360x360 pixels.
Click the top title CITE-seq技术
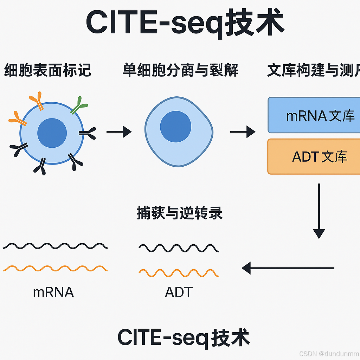pos(185,23)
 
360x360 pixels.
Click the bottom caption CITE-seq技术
pos(184,337)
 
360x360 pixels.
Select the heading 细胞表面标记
pos(47,70)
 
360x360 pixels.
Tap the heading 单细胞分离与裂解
pos(180,70)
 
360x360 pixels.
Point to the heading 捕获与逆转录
pos(179,213)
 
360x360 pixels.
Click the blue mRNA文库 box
pos(314,115)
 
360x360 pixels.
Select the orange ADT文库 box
pos(314,156)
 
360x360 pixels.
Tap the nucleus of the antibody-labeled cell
pos(52,133)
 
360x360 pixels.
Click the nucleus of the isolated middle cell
pos(175,127)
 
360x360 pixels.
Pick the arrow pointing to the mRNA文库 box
pos(243,132)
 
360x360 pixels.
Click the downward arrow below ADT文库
pos(319,211)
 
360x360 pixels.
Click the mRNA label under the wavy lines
pos(53,292)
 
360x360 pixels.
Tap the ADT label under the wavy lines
pos(179,292)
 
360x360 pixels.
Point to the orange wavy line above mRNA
pos(55,269)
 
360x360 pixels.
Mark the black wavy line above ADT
pos(179,248)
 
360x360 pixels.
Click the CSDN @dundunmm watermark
pos(329,353)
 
